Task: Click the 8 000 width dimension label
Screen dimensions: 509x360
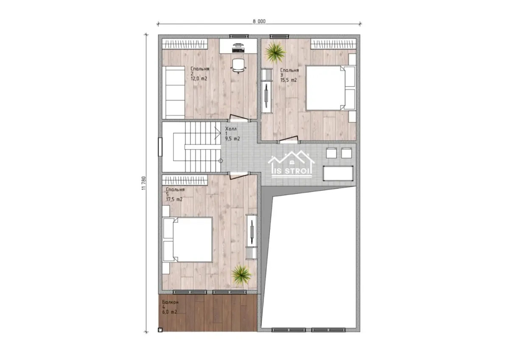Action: [259, 21]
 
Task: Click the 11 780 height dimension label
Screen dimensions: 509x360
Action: [144, 183]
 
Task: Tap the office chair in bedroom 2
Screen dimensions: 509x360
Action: [238, 66]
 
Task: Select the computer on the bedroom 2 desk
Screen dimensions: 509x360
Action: [238, 48]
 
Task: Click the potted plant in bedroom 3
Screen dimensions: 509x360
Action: [275, 53]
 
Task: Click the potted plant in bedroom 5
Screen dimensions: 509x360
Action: [241, 275]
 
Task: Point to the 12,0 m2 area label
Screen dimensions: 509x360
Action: [199, 79]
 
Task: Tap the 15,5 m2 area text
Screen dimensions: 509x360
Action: [288, 80]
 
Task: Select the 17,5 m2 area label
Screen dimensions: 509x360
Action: [174, 199]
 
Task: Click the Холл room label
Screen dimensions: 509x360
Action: [231, 129]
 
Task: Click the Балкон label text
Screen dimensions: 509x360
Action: [170, 302]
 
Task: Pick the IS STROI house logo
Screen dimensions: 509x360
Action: [291, 164]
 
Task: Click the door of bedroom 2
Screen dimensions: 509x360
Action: [238, 118]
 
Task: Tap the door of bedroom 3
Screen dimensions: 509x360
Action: [288, 139]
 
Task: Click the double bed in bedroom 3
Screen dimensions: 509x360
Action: [330, 88]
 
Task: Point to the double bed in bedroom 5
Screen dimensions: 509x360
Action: [187, 240]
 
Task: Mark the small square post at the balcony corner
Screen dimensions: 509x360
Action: [160, 330]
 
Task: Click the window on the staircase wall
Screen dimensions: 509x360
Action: [160, 147]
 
